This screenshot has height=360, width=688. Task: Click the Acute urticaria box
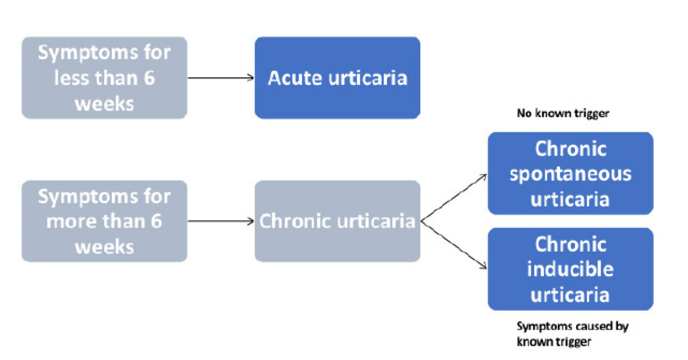[x=337, y=78]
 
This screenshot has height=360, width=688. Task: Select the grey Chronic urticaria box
[x=337, y=221]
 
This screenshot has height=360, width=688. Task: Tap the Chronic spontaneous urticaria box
[x=570, y=173]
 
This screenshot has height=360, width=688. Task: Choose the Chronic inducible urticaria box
[x=570, y=269]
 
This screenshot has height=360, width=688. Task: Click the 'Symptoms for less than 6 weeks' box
[x=104, y=78]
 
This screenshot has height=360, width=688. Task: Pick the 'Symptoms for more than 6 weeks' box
[x=104, y=221]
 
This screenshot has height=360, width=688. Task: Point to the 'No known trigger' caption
[x=562, y=114]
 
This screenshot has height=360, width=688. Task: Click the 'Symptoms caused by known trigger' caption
[x=572, y=334]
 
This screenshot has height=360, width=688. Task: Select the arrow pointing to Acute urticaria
[x=221, y=78]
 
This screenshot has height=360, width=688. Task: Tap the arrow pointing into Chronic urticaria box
[x=221, y=221]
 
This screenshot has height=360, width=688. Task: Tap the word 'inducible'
[x=570, y=269]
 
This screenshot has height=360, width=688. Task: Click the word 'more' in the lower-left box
[x=71, y=222]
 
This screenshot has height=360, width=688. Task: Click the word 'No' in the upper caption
[x=523, y=114]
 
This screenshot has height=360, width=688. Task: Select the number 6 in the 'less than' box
[x=148, y=79]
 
